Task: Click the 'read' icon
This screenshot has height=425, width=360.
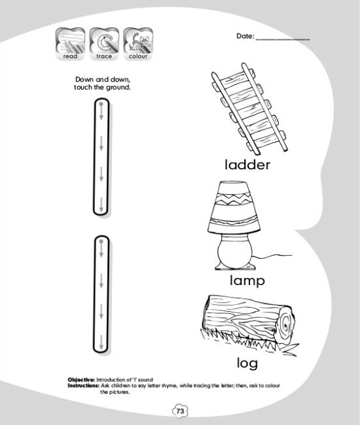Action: click(70, 43)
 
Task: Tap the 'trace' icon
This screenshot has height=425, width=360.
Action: click(104, 43)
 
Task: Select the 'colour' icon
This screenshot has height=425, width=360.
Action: click(138, 43)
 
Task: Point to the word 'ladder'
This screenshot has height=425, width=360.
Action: click(247, 165)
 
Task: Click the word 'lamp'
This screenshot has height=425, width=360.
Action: click(247, 280)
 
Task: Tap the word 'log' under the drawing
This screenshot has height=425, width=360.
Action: click(247, 363)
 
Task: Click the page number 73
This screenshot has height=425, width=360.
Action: click(180, 411)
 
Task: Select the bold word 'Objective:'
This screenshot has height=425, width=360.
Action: click(81, 380)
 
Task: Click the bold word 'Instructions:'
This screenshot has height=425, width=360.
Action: click(83, 385)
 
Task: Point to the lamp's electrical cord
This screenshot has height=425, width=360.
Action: click(273, 256)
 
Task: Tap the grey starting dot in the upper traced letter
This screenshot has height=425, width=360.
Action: click(101, 104)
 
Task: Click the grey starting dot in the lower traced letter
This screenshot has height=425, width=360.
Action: click(101, 241)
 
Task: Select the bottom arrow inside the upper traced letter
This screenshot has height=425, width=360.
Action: click(101, 205)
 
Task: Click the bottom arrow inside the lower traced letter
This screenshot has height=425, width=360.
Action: click(101, 343)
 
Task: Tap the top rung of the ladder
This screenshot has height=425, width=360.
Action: click(235, 78)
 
